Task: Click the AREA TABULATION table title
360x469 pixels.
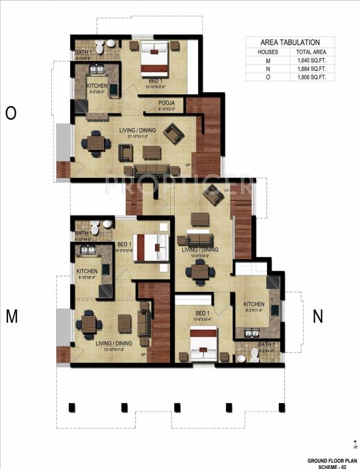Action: click(x=290, y=42)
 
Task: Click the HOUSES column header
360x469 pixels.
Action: click(x=268, y=52)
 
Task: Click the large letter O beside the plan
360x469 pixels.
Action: click(x=10, y=113)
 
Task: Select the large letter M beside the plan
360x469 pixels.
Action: click(x=11, y=315)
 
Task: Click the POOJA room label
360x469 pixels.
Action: click(x=166, y=103)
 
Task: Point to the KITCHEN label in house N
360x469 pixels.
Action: click(x=254, y=304)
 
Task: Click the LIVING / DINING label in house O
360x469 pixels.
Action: click(x=138, y=130)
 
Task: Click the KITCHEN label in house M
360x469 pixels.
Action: click(x=87, y=271)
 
